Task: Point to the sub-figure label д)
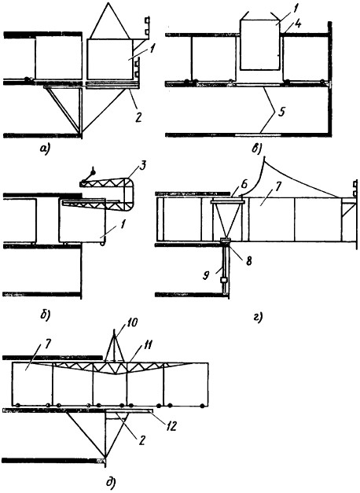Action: click(112, 480)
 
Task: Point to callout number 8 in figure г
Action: click(248, 260)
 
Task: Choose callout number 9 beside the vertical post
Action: click(208, 278)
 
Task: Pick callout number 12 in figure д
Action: click(171, 426)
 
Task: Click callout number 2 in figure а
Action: click(138, 118)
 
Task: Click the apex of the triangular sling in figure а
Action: click(108, 3)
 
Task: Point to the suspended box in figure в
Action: click(259, 45)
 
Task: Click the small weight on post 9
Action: click(225, 279)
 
